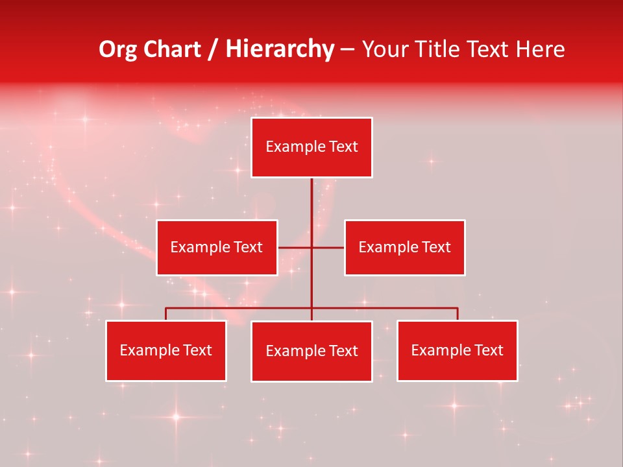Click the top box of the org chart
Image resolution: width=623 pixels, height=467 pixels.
311,147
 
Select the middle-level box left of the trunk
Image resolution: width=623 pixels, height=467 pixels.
217,247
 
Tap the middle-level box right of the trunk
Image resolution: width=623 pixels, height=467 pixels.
404,247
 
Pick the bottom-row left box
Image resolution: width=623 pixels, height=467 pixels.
166,350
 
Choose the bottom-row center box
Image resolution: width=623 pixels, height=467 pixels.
311,351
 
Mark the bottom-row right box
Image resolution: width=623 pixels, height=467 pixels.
457,350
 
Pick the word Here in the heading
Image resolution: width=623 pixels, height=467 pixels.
540,49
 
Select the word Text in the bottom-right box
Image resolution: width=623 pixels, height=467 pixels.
489,350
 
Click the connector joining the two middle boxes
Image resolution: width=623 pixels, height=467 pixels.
295,247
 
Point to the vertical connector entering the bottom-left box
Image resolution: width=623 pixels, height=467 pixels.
166,314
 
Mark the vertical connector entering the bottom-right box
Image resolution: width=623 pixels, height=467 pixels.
458,314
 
